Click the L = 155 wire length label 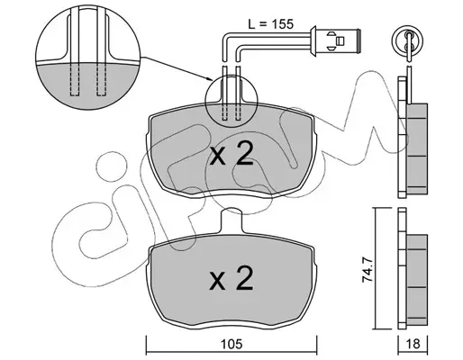(x=270, y=24)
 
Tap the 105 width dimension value (x=231, y=344)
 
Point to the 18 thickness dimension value (x=413, y=344)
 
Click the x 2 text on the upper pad (x=231, y=155)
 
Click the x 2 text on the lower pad (x=231, y=278)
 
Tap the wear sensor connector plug (x=335, y=40)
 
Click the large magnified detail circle (x=88, y=57)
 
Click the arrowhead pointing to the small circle (x=210, y=79)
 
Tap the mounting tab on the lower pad (x=231, y=221)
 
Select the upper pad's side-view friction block (x=417, y=148)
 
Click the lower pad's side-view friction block (x=417, y=280)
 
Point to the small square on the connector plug (x=340, y=40)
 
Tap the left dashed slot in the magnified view (x=75, y=80)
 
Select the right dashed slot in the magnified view (x=101, y=80)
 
